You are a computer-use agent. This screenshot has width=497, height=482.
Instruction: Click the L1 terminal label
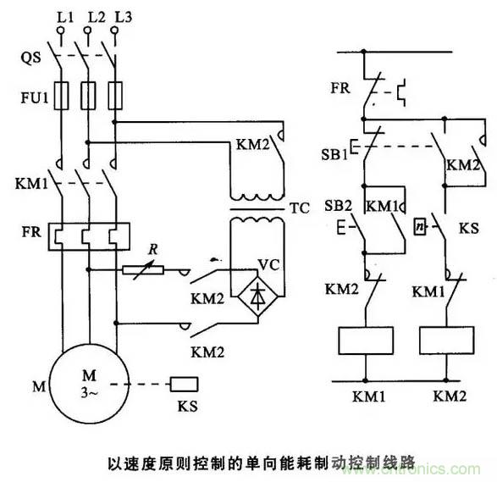[x=65, y=18]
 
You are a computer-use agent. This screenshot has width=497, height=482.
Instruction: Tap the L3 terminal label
[x=124, y=17]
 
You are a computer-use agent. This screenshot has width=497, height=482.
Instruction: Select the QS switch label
[x=30, y=58]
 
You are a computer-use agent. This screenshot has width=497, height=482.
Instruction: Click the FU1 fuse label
[x=34, y=97]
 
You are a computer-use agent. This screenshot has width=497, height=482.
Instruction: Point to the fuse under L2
[x=88, y=96]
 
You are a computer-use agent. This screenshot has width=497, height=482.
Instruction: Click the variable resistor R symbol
[x=143, y=270]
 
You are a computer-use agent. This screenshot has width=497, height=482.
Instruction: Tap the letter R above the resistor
[x=153, y=249]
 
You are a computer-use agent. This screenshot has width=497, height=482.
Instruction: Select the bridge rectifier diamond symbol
[x=258, y=296]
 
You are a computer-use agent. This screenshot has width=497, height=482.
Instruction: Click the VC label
[x=268, y=265]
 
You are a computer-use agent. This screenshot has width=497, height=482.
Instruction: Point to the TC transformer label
[x=300, y=208]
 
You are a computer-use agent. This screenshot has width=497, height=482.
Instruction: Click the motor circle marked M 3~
[x=90, y=384]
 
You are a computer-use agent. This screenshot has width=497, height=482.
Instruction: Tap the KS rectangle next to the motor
[x=185, y=385]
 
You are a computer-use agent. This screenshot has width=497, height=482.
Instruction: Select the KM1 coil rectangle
[x=366, y=341]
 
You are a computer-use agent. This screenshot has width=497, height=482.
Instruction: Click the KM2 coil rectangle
[x=446, y=341]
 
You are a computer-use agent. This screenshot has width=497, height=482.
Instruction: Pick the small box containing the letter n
[x=420, y=226]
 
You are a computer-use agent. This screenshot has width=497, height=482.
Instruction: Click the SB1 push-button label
[x=334, y=155]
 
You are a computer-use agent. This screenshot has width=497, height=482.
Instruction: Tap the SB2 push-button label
[x=338, y=206]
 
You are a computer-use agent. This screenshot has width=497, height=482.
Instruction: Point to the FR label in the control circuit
[x=340, y=88]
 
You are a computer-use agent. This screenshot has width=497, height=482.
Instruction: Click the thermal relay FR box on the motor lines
[x=89, y=236]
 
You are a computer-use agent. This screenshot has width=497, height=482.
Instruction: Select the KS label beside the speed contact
[x=469, y=228]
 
